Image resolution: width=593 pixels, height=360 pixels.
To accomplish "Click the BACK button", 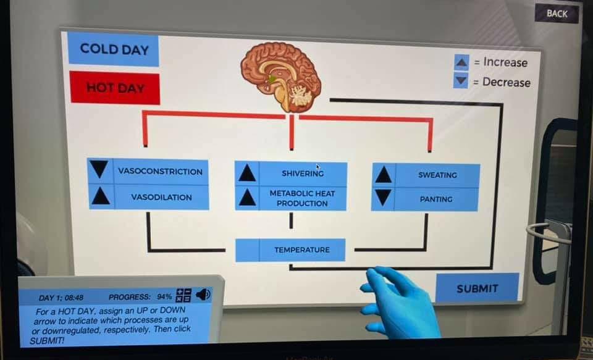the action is point(557,13).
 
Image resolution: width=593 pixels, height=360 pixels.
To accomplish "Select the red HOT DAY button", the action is point(114,88).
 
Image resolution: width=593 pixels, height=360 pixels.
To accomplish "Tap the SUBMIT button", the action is point(477,288).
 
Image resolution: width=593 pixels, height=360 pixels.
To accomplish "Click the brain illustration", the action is point(281,76).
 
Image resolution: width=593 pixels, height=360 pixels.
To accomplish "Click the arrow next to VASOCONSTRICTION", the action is point(99,169).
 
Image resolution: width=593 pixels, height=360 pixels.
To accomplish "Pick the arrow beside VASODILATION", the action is point(100,196).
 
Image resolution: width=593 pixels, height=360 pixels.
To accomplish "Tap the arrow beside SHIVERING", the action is point(247,173).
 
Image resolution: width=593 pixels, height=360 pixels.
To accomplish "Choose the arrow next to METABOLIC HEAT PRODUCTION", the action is point(247,198).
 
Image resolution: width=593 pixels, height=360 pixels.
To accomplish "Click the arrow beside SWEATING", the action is point(383,175).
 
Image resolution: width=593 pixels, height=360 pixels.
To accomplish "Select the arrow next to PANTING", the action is point(383,198).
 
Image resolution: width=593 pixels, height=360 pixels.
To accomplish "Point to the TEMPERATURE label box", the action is point(302,250).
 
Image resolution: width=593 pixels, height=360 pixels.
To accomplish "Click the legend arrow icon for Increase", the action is point(461,62).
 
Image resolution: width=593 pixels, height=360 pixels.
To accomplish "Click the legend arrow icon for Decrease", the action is point(461,81).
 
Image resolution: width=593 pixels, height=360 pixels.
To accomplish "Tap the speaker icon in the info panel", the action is point(203,295).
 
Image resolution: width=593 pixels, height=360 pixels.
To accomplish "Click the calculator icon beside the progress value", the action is point(184,295).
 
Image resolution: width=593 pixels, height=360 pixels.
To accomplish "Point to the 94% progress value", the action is point(164,297).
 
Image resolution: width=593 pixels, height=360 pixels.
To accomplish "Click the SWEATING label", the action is point(437,175).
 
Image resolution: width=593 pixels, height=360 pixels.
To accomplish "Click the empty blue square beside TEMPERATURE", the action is point(247,250).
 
